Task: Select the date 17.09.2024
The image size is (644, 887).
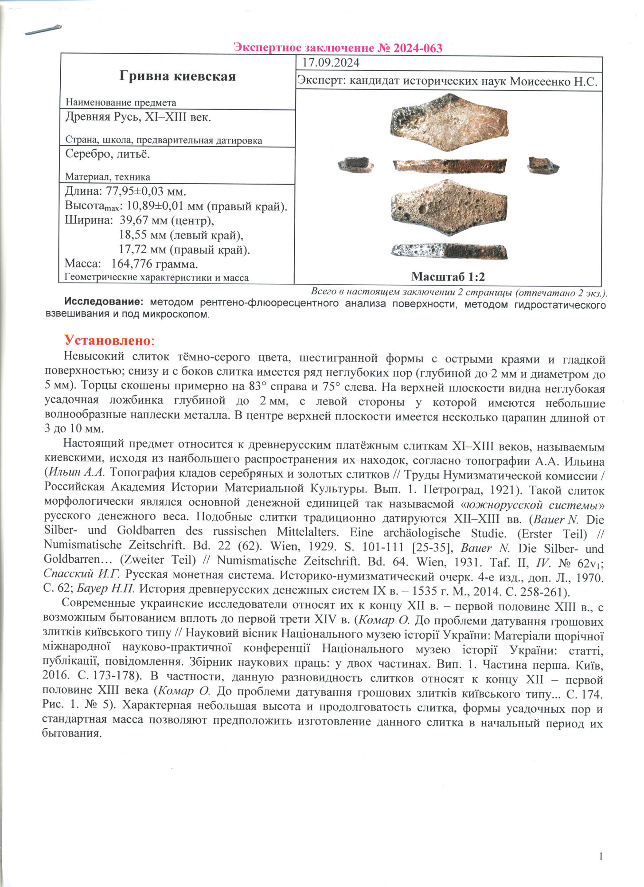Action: point(331,63)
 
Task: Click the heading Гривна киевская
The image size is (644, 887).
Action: point(177,76)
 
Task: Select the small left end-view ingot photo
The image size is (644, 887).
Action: point(355,165)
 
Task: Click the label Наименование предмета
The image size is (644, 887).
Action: point(121,102)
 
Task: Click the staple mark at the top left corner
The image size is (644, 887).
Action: point(43,30)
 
